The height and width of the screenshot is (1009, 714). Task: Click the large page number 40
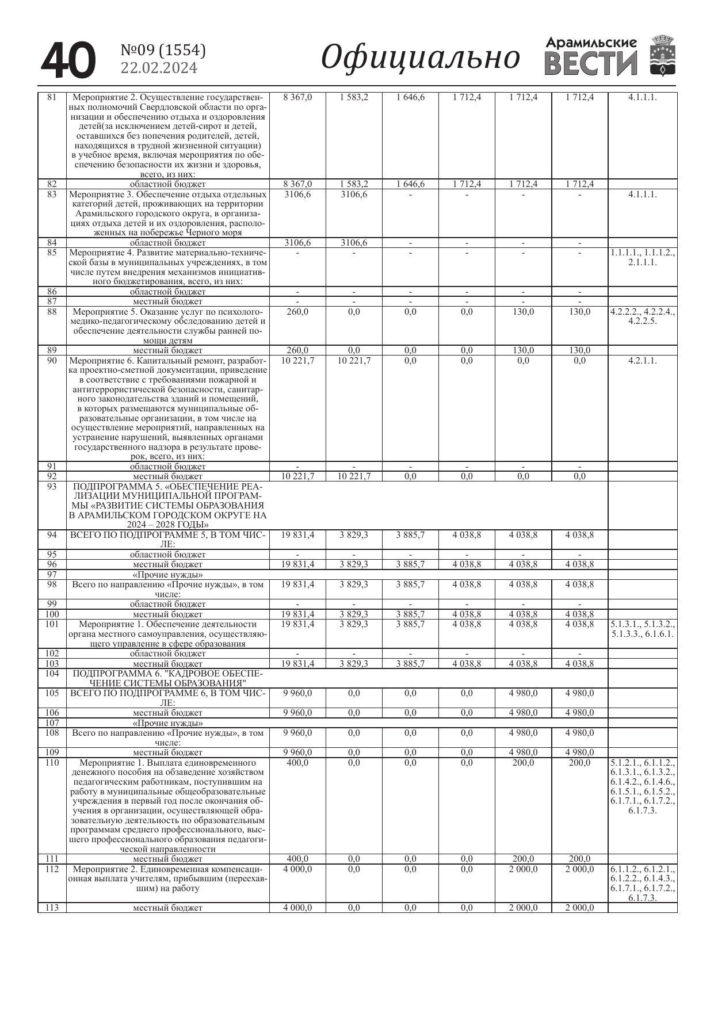[x=68, y=60]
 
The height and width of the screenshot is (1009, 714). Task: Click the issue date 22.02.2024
[x=159, y=68]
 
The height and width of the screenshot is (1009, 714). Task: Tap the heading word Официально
[x=420, y=58]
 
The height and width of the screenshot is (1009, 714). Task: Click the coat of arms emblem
[x=662, y=55]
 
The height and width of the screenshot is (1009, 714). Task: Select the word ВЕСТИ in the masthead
[x=590, y=63]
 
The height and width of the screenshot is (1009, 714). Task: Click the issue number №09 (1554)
[x=163, y=51]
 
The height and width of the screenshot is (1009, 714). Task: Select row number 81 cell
[x=52, y=97]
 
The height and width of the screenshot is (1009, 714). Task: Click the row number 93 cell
[x=52, y=487]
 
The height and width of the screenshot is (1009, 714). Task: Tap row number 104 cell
[x=52, y=673]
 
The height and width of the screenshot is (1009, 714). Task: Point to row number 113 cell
[x=52, y=908]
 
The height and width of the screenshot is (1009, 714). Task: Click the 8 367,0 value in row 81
[x=297, y=97]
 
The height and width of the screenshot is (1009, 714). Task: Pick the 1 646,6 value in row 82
[x=410, y=184]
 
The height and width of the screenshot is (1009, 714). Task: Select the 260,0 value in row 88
[x=297, y=312]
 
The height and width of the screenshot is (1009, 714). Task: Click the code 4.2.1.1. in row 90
[x=642, y=361]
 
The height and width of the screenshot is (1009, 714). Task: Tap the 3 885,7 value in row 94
[x=410, y=535]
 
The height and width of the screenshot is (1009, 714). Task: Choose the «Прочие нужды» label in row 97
[x=167, y=575]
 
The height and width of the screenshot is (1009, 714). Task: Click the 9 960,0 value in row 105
[x=297, y=693]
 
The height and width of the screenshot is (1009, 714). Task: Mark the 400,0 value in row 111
[x=297, y=859]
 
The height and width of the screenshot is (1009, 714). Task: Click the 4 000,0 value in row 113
[x=297, y=908]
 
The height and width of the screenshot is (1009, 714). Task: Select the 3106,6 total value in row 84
[x=297, y=243]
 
